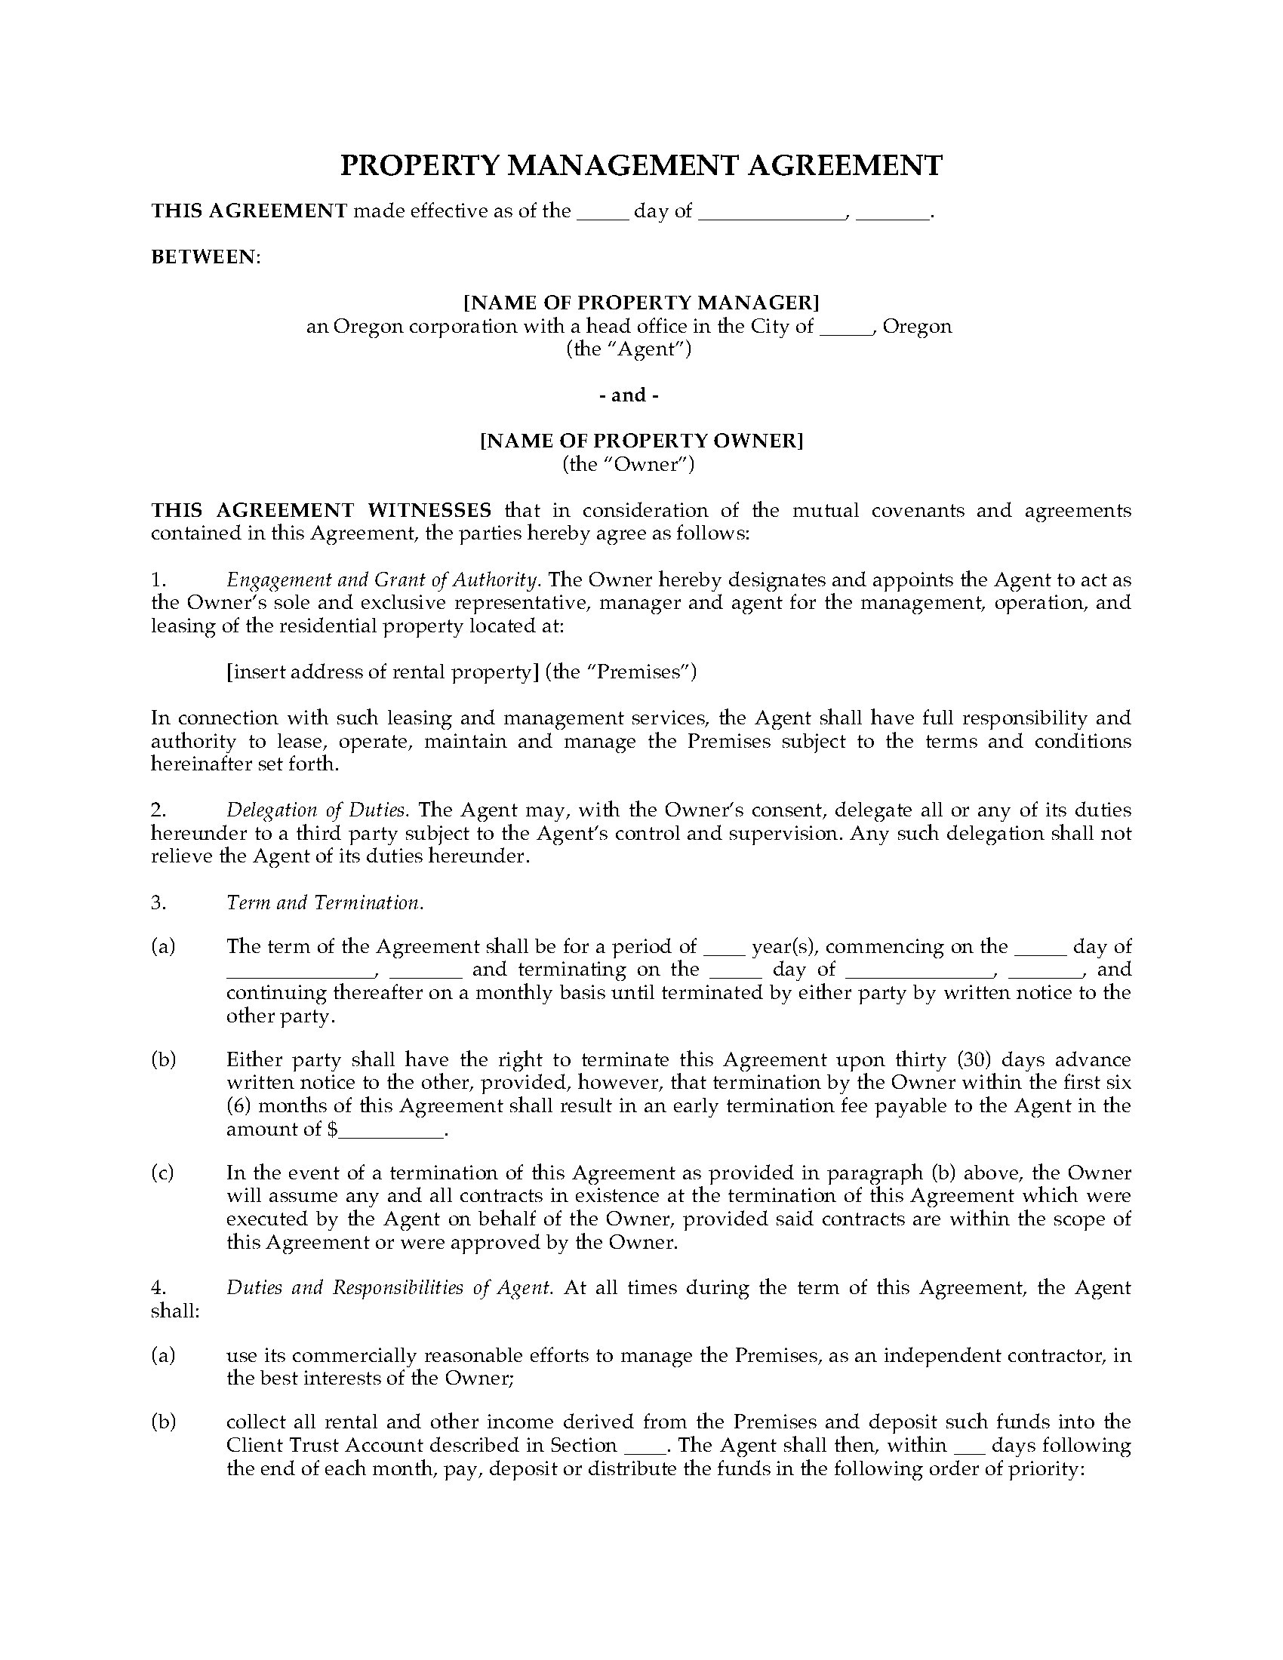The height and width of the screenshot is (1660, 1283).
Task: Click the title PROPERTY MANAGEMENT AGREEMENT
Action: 641,166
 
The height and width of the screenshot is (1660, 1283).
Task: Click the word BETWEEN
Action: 205,257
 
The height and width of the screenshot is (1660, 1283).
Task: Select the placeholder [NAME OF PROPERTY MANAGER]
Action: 641,303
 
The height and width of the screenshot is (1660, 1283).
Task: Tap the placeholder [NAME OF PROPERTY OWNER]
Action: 641,441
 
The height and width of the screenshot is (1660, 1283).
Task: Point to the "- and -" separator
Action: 629,395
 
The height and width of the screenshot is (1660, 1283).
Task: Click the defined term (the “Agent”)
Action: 629,349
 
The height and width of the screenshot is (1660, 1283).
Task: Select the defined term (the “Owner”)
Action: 629,463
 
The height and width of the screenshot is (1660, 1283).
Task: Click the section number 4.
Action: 158,1288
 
